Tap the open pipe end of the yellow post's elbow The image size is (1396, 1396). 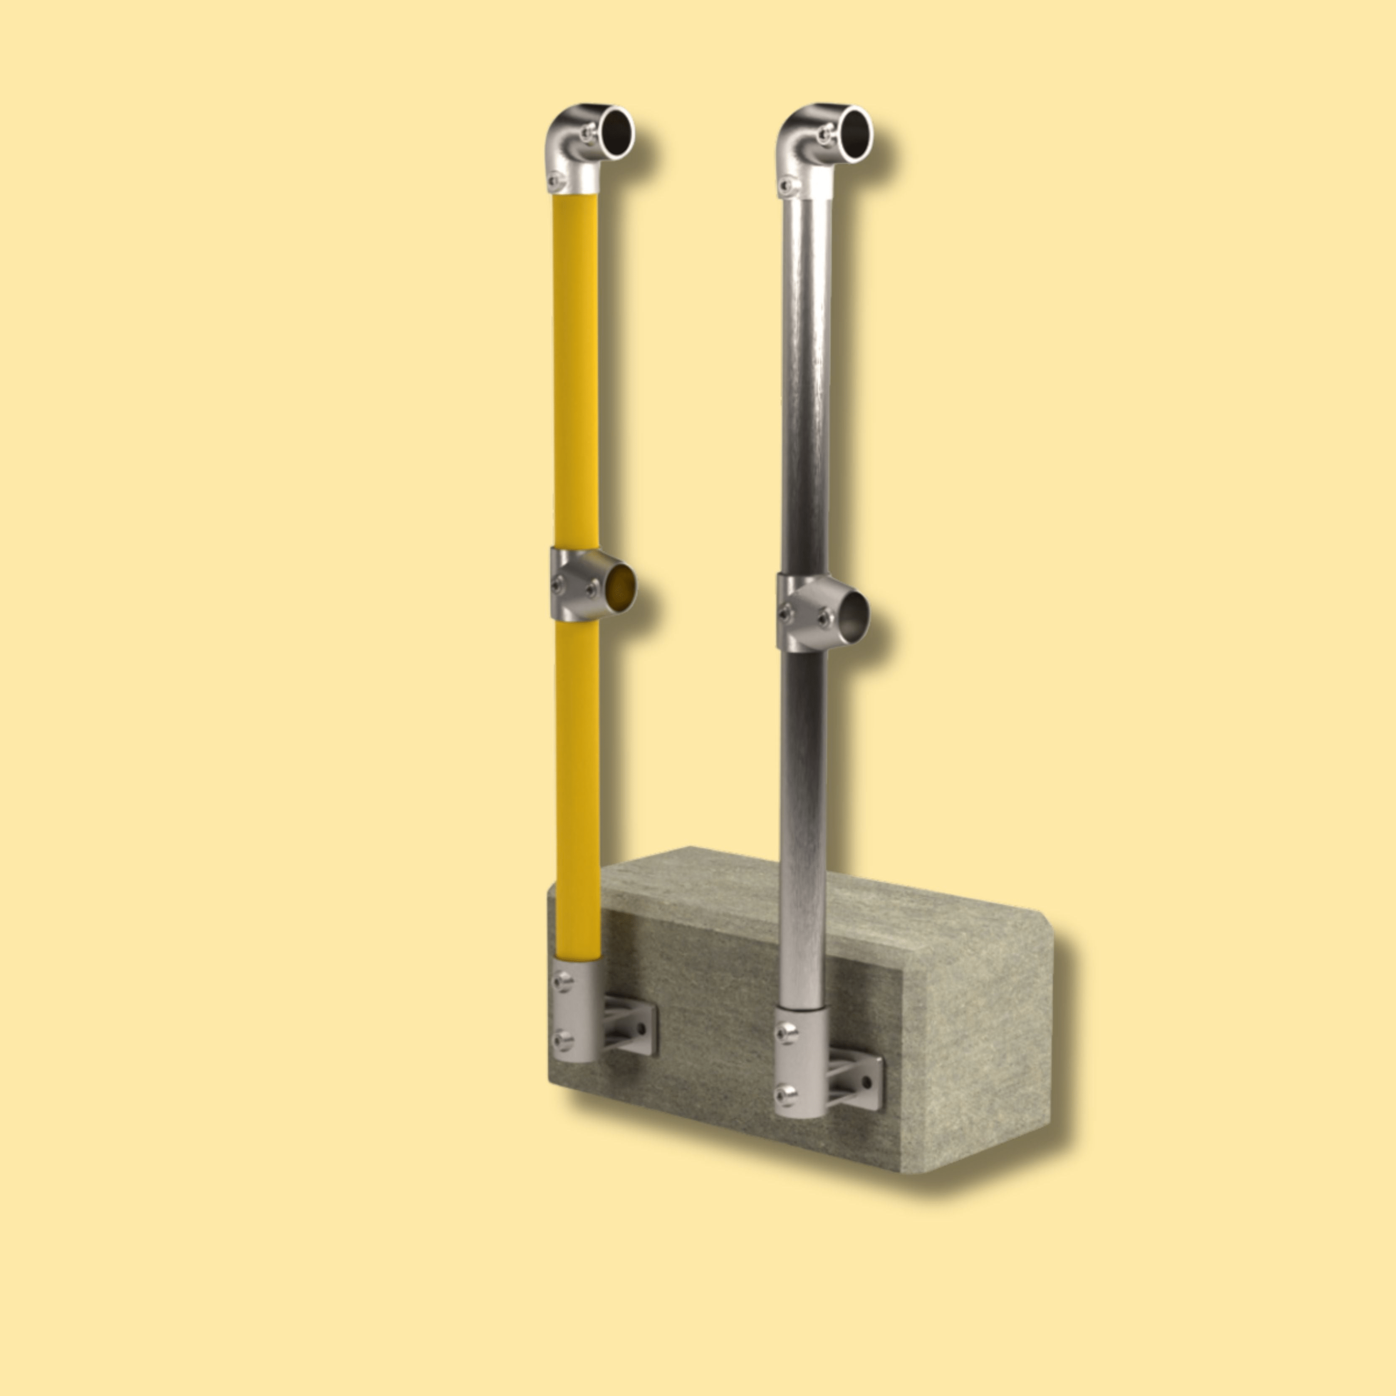(616, 132)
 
